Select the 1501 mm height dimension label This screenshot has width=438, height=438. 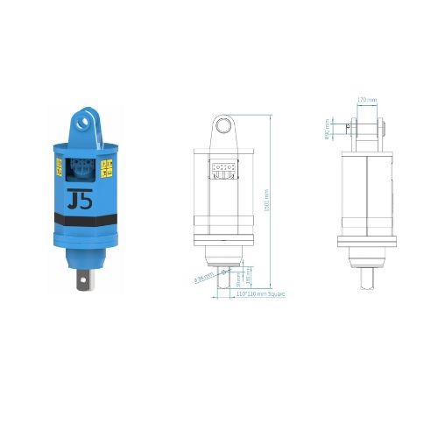click(x=265, y=207)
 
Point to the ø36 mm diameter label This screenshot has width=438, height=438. click(x=203, y=279)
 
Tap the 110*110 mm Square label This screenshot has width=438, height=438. click(x=261, y=294)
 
